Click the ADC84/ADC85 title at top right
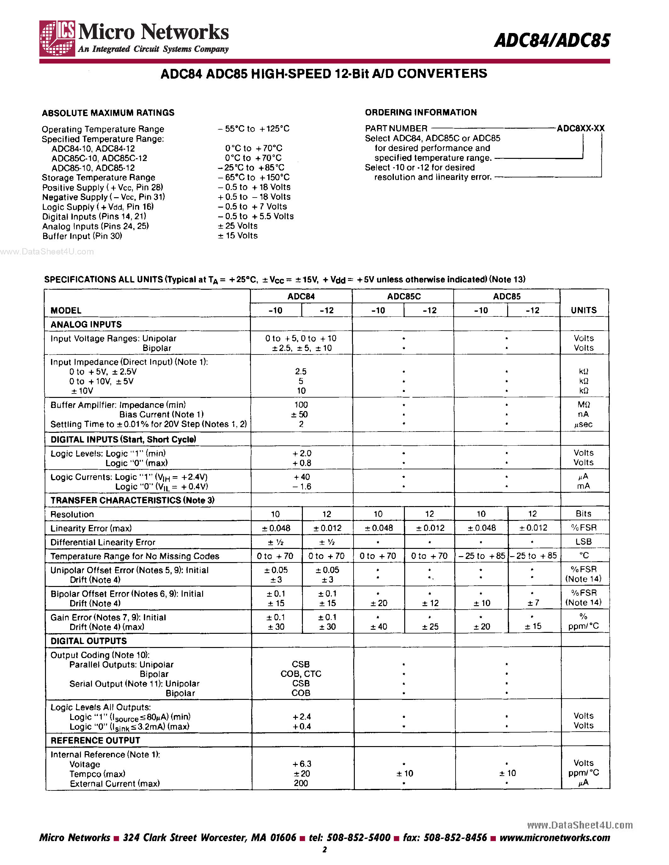[552, 40]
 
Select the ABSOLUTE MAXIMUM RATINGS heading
[108, 113]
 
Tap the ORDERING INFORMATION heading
[421, 113]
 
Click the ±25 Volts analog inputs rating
[237, 226]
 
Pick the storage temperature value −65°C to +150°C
[254, 177]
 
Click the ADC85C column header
[404, 296]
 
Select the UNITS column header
[583, 310]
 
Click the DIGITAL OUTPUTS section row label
[88, 641]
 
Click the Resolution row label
[72, 514]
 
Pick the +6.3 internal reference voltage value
[302, 764]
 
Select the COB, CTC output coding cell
[301, 674]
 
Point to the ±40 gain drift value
[378, 627]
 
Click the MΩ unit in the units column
[583, 405]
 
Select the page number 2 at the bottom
[325, 849]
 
